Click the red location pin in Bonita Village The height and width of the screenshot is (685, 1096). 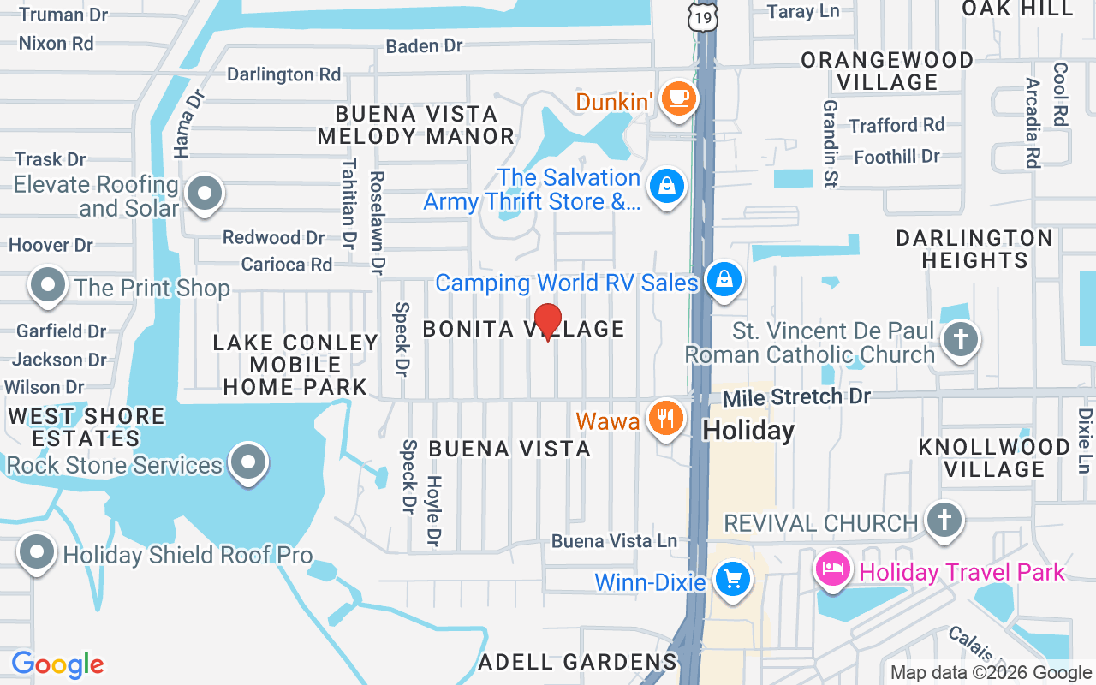pos(548,321)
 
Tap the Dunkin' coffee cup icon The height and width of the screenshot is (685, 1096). pos(679,99)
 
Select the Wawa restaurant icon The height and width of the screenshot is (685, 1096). pos(665,419)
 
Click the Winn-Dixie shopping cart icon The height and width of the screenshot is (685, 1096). pos(732,581)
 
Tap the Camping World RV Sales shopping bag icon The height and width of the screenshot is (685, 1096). pos(724,279)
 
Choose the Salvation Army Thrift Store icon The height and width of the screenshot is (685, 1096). pos(666,186)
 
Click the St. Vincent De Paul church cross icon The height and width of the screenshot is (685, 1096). pos(960,339)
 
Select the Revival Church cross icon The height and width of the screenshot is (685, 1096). pos(944,520)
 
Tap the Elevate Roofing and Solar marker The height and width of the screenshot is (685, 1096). pos(205,194)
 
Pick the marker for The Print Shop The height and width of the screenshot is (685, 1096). pos(48,285)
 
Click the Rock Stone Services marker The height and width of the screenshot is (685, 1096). pos(248,463)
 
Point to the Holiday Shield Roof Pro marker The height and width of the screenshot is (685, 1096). pos(37,552)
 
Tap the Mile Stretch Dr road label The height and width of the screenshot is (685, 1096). pos(796,397)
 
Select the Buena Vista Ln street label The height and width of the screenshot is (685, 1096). pos(614,541)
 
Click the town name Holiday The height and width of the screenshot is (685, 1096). pos(748,430)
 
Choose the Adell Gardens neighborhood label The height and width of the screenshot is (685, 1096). pos(578,662)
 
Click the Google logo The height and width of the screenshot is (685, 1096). pos(57,664)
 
